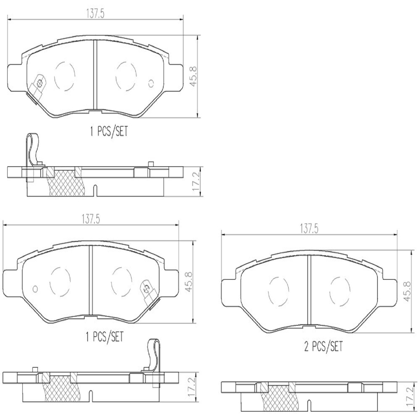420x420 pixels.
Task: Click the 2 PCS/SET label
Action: tap(323, 347)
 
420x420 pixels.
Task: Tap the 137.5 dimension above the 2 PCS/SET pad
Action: tap(309, 229)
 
